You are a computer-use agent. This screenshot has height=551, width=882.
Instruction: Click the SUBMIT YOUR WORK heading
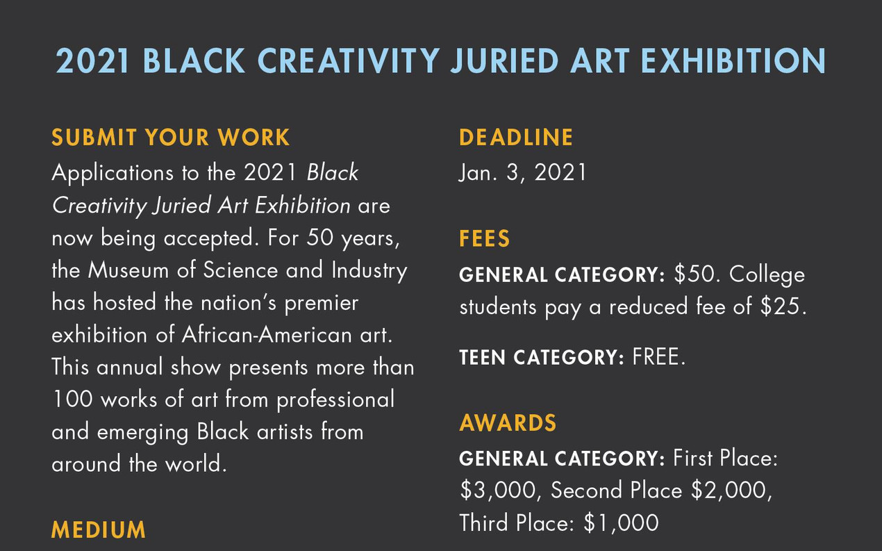(170, 138)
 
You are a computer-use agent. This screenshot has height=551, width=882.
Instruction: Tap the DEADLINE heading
(516, 138)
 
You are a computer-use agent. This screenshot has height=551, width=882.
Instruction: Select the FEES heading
(484, 239)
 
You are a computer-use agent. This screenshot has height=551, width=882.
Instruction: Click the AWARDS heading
(508, 423)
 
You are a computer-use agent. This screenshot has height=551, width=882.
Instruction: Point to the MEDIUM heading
(99, 529)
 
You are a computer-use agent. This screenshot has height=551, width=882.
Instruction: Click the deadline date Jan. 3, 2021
(522, 173)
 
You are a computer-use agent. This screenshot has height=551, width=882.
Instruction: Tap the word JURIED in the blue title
(504, 60)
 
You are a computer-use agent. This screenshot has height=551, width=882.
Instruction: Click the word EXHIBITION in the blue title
(733, 60)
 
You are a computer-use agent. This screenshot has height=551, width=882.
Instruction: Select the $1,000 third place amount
(621, 523)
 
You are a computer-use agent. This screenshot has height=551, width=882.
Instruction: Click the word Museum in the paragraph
(128, 270)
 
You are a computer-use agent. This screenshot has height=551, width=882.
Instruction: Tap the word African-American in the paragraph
(267, 335)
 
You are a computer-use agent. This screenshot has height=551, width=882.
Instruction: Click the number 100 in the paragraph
(72, 400)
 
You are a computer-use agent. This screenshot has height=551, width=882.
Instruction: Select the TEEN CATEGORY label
(542, 357)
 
